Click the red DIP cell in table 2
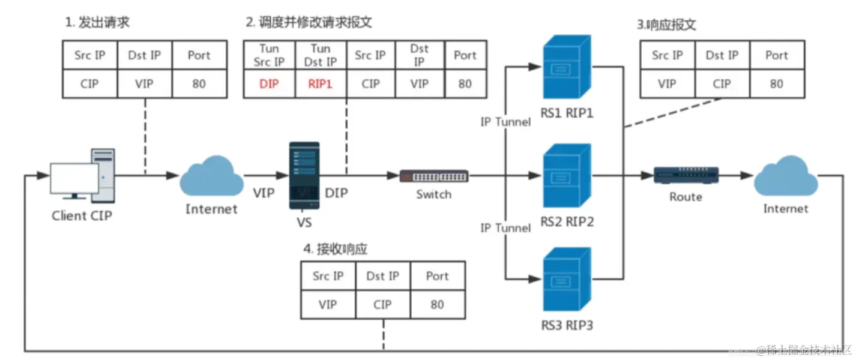coord(270,84)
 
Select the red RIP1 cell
coord(321,84)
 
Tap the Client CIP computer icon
coord(82,176)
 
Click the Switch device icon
coord(434,176)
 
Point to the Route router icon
coord(685,176)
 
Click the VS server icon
coord(304,175)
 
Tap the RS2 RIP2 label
coord(567,222)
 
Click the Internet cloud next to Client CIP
coord(211,175)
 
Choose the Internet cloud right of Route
coord(785,175)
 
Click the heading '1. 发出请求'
coord(97,23)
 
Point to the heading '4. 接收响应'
coord(335,249)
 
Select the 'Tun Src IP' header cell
coord(270,55)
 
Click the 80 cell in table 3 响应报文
coord(776,84)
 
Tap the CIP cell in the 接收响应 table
coord(382,304)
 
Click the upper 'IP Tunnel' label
coord(505,122)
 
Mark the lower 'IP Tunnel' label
coord(505,228)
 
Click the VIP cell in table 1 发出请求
coord(145,84)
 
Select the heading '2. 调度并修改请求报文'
coord(309,23)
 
